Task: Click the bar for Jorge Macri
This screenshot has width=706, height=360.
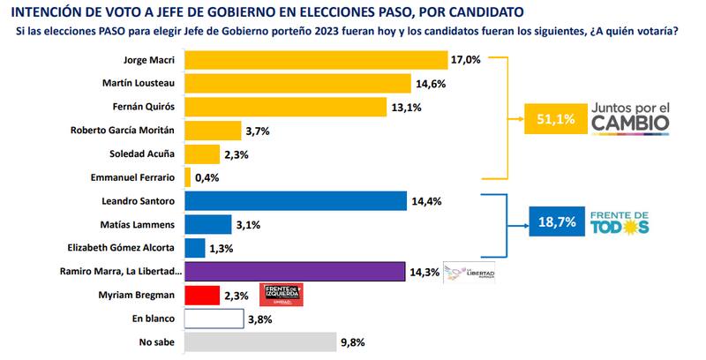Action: pyautogui.click(x=315, y=60)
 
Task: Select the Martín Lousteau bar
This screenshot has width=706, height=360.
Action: pyautogui.click(x=297, y=84)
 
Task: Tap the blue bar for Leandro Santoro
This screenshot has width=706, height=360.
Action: pyautogui.click(x=295, y=201)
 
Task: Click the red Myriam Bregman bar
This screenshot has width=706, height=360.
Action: pyautogui.click(x=201, y=295)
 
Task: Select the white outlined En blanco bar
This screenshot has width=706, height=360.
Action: pyautogui.click(x=213, y=318)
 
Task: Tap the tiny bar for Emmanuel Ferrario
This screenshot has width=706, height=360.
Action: pyautogui.click(x=187, y=177)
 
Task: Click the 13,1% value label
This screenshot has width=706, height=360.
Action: pyautogui.click(x=405, y=108)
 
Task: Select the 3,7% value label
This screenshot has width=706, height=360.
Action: pyautogui.click(x=257, y=131)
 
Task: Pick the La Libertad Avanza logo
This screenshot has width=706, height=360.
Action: pyautogui.click(x=469, y=273)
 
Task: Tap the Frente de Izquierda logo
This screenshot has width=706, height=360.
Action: pyautogui.click(x=282, y=295)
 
